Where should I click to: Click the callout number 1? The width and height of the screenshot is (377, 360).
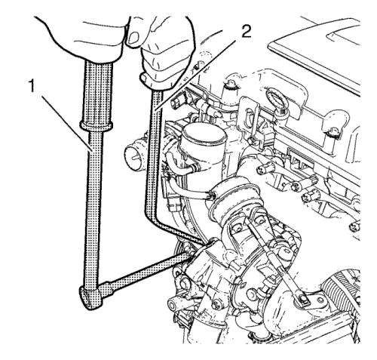tap(31, 86)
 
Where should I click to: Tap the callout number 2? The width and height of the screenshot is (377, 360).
tap(246, 32)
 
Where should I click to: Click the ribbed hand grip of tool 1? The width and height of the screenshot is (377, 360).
tap(97, 91)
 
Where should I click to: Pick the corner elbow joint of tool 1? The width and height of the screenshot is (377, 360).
tap(92, 297)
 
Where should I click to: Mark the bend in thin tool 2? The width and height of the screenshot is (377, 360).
tap(158, 221)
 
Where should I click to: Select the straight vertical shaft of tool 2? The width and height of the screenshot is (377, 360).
tap(154, 151)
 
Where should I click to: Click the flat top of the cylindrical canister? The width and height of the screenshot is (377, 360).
tap(204, 134)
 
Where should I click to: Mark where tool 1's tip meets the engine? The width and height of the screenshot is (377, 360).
tap(190, 254)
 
